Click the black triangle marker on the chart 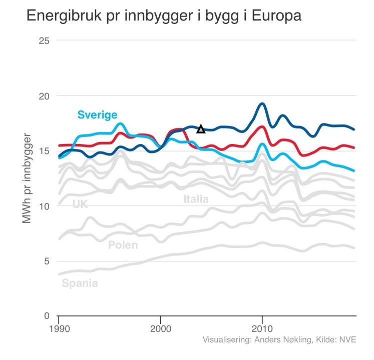pyautogui.click(x=201, y=129)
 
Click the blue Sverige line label pyautogui.click(x=98, y=115)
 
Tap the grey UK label pyautogui.click(x=80, y=204)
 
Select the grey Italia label pyautogui.click(x=196, y=199)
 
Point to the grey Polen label pyautogui.click(x=123, y=245)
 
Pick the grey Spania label pyautogui.click(x=80, y=283)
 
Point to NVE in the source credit pyautogui.click(x=347, y=340)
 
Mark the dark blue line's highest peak pyautogui.click(x=262, y=103)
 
